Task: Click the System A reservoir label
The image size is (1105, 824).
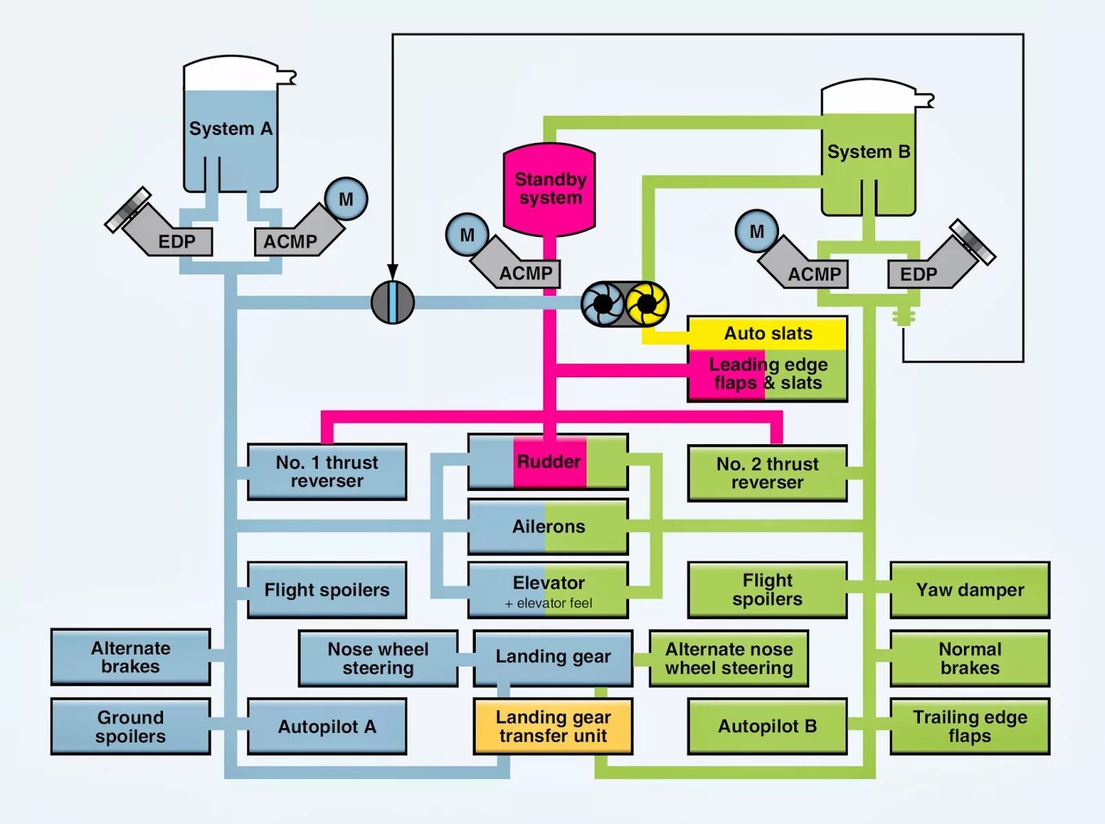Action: point(230,128)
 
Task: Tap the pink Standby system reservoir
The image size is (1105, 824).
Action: point(550,189)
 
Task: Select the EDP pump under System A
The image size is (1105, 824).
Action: point(177,241)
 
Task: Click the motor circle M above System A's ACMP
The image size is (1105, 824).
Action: point(345,199)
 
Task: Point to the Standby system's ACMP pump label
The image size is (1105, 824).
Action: point(526,274)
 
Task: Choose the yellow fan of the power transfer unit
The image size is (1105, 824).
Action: point(646,303)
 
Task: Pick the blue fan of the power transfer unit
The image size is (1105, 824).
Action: point(603,303)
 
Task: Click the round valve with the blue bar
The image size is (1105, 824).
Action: point(392,303)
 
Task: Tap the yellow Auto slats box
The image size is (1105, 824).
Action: point(767,334)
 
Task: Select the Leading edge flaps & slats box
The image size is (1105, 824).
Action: point(767,374)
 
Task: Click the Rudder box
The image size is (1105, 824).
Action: point(548,461)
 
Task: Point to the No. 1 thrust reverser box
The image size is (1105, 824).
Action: point(327,472)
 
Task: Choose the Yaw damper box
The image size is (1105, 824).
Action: point(970,590)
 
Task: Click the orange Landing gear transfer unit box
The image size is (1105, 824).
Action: point(552,726)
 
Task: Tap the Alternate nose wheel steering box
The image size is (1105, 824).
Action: point(729,658)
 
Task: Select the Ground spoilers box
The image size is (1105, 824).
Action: point(131,726)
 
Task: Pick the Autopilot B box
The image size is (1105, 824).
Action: point(767,726)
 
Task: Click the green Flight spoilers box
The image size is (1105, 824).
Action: point(767,590)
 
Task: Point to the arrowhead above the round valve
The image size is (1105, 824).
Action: point(392,271)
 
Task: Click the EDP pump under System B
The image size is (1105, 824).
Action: point(919,274)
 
